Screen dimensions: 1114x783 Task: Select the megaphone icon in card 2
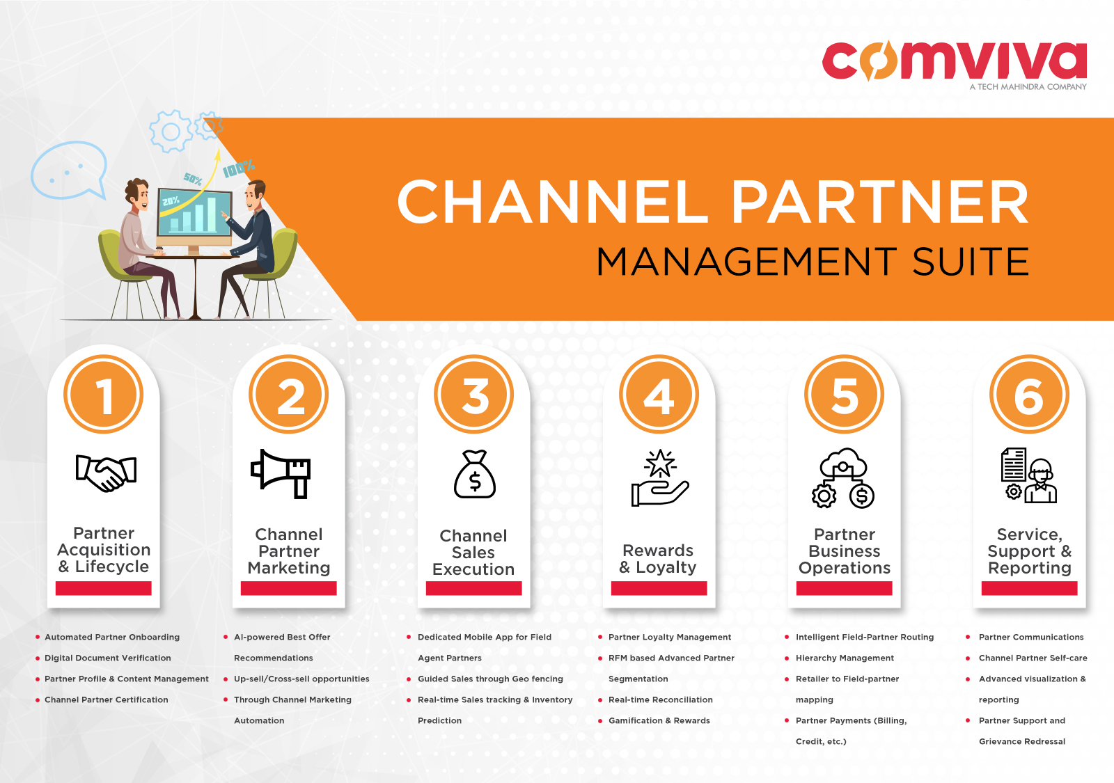click(281, 473)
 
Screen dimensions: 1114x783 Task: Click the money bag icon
click(475, 474)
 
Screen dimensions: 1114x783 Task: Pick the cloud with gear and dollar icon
click(843, 477)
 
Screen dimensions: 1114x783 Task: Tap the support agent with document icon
click(1029, 475)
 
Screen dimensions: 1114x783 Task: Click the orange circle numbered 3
click(474, 395)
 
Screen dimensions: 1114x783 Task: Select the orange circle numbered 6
click(1029, 395)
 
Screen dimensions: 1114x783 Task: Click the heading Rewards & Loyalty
click(658, 559)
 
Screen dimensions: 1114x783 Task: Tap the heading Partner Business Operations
click(845, 551)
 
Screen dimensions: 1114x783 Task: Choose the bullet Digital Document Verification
click(108, 658)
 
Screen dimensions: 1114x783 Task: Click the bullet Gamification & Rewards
click(659, 720)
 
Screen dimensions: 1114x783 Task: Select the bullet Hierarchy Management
click(845, 658)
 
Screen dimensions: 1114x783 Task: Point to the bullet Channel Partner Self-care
click(1033, 658)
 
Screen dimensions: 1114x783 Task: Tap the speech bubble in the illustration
click(69, 170)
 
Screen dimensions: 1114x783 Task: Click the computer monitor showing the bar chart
click(194, 214)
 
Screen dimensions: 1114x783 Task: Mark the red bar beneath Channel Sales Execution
click(474, 589)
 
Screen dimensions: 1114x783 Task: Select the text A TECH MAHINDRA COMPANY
click(1028, 87)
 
